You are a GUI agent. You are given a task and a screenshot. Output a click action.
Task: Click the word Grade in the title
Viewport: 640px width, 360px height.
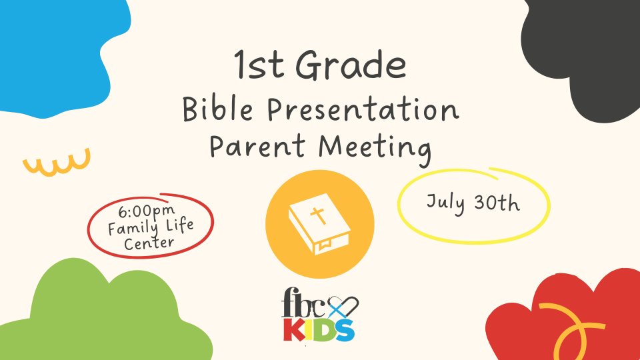(x=351, y=65)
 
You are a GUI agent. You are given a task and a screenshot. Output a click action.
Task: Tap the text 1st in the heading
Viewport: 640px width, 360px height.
(x=259, y=65)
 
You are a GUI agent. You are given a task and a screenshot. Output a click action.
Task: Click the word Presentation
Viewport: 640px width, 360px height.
(x=363, y=109)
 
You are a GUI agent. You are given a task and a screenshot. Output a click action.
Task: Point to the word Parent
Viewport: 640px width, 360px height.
(x=257, y=146)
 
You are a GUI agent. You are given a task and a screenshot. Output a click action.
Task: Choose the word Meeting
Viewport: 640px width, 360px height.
(x=375, y=149)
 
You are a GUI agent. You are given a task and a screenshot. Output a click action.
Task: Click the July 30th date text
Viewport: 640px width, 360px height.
(x=473, y=203)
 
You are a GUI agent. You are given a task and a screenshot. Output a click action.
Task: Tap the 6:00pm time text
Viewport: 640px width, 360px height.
(x=147, y=211)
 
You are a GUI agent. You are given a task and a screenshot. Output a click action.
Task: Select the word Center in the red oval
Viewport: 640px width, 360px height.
(x=149, y=244)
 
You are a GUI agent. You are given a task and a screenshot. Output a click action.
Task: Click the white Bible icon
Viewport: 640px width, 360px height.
(x=319, y=224)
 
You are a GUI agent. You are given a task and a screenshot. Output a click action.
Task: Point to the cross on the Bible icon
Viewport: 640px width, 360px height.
(x=318, y=215)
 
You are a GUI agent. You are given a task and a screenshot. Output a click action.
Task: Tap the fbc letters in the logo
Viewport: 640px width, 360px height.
(x=304, y=303)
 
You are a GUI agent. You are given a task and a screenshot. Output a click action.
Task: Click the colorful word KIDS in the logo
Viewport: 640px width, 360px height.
(x=319, y=330)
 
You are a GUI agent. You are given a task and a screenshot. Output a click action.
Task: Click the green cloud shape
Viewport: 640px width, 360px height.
(x=102, y=314)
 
